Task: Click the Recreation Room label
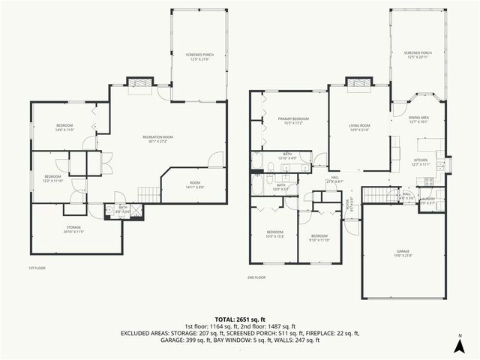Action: pyautogui.click(x=158, y=136)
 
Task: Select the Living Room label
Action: pyautogui.click(x=360, y=125)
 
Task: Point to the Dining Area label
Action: pyautogui.click(x=418, y=118)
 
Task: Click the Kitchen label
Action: pyautogui.click(x=421, y=160)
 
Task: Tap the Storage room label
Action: pyautogui.click(x=73, y=226)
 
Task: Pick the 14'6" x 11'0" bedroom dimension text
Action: pyautogui.click(x=64, y=130)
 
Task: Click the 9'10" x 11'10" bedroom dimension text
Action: pyautogui.click(x=319, y=240)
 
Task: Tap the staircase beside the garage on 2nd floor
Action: pyautogui.click(x=378, y=196)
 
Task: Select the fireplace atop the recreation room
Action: pyautogui.click(x=138, y=82)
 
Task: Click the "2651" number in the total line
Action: pyautogui.click(x=241, y=319)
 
